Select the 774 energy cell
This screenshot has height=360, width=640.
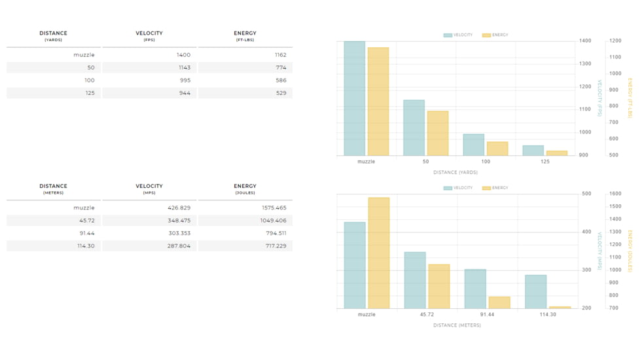281,67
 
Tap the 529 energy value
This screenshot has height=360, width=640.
281,93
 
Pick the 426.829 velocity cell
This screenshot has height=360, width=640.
179,207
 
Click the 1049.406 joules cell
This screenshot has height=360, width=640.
274,221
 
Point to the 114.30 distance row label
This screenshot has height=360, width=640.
86,246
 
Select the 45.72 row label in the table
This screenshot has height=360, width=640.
86,221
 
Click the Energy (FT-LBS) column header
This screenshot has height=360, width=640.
245,36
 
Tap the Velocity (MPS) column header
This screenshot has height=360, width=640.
149,189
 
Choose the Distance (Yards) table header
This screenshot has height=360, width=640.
53,36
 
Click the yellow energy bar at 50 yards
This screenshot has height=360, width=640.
438,134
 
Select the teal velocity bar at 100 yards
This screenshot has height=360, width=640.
473,145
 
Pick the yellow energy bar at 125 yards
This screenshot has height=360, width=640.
557,153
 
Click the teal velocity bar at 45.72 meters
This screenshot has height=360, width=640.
415,280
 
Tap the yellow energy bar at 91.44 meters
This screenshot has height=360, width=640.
499,302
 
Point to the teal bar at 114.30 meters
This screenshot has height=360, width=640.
535,291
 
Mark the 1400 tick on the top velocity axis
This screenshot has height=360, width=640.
585,41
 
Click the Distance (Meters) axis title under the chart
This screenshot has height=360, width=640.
457,325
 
